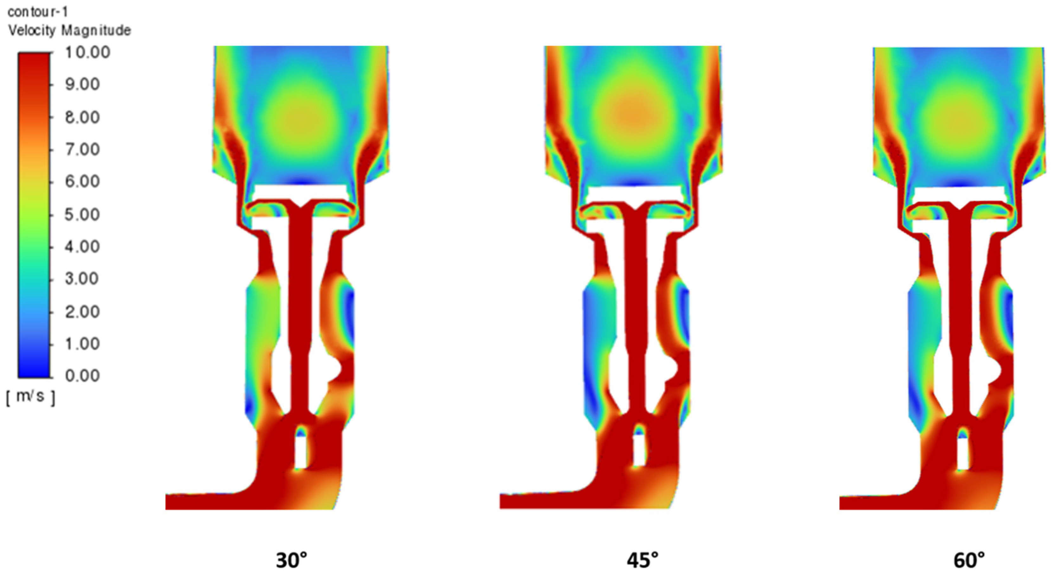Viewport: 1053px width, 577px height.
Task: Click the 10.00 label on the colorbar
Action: coord(87,52)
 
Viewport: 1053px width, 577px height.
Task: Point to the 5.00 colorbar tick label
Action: coord(82,214)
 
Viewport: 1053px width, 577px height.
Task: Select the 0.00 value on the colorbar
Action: coord(82,375)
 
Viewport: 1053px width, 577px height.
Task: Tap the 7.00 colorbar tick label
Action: coord(82,149)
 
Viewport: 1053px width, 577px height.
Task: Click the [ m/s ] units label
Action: coord(31,397)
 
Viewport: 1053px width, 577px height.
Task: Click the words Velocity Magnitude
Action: coord(69,30)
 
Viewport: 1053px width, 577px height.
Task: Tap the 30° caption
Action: coord(291,560)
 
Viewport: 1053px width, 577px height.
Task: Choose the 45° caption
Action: coord(643,560)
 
